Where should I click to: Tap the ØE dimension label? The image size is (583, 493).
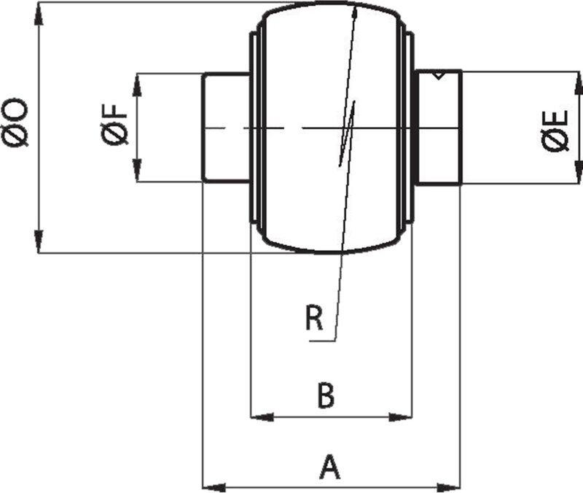[555, 132]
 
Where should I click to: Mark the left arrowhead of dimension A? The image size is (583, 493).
[212, 486]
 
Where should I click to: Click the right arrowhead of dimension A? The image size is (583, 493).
[450, 486]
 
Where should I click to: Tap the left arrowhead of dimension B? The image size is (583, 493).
[261, 417]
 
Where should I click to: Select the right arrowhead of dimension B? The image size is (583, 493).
[402, 417]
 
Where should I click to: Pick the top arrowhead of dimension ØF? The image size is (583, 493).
[136, 83]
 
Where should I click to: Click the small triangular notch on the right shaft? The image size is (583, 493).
[437, 75]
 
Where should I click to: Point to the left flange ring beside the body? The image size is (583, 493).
[254, 128]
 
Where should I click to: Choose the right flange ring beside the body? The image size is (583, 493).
[410, 128]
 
